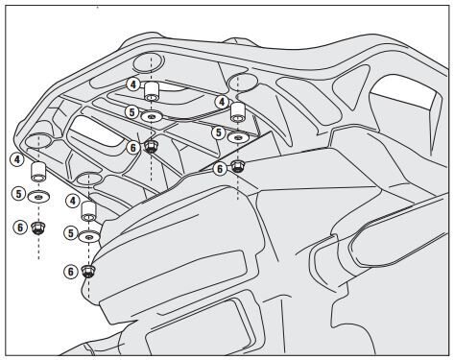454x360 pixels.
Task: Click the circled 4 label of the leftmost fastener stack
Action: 16,158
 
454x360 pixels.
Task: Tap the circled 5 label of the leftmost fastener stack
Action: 16,193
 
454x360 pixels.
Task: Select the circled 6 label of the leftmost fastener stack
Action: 16,227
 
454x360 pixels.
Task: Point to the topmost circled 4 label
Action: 132,84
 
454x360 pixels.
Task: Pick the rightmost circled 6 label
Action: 219,167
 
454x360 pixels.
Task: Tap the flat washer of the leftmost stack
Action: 39,196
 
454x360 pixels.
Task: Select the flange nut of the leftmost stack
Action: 38,228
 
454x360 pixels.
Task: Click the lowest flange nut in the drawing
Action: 89,272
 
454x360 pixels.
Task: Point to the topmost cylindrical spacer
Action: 152,92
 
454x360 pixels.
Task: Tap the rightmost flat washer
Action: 237,137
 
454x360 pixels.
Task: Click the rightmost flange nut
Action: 238,165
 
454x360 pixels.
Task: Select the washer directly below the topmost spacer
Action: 152,117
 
